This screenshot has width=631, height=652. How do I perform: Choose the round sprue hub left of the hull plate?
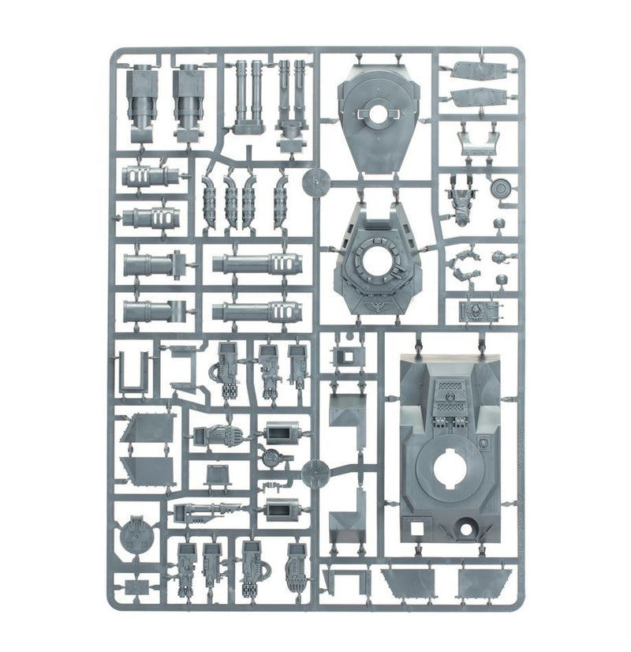(314, 473)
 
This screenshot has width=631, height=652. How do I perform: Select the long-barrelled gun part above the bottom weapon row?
(207, 512)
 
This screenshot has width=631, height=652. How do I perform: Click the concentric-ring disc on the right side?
(499, 189)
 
